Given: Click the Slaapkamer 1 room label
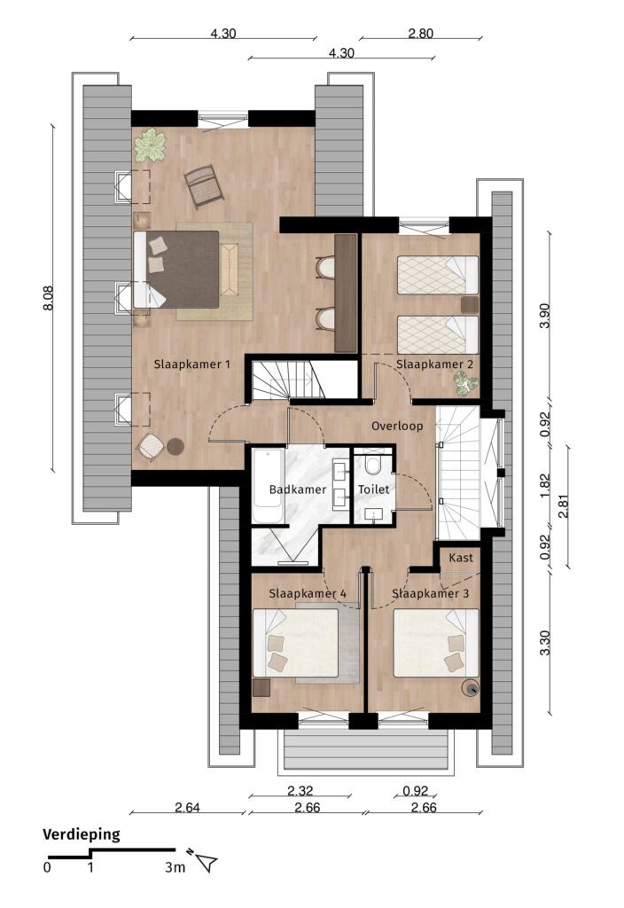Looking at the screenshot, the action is [191, 364].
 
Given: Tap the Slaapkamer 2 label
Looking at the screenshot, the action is [434, 364].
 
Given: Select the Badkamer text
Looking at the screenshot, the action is [298, 489].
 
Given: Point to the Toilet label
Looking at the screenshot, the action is [373, 489].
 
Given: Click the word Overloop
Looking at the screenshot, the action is [397, 427].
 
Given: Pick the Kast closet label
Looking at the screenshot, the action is [461, 558].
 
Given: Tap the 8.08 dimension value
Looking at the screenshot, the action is [49, 298].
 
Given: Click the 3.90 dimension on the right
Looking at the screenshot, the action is [544, 316].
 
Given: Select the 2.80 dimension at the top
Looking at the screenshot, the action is [420, 34].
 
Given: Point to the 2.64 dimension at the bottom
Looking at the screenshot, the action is [188, 807].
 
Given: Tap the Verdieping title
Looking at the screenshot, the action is [81, 834].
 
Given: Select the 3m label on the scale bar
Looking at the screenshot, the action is [175, 867].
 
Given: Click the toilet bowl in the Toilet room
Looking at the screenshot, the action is [373, 465].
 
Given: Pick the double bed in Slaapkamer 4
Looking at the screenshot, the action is [296, 643].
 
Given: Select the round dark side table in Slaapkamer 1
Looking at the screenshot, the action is [175, 447].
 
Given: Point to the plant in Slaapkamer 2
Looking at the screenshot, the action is [465, 383].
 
